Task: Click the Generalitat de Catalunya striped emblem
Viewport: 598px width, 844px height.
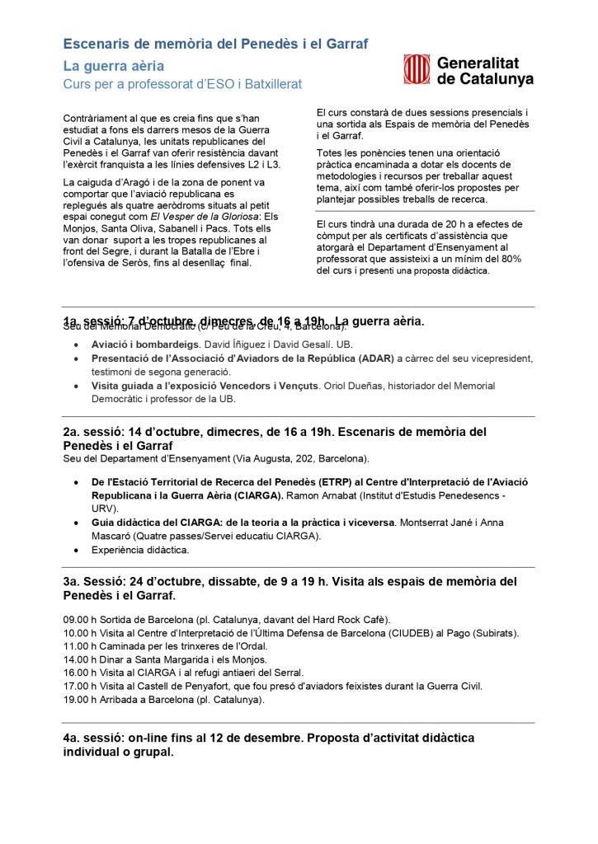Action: tap(417, 69)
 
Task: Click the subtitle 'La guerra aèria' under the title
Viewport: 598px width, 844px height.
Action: tap(113, 65)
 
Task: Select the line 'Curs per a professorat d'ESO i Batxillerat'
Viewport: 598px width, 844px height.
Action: tap(182, 85)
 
